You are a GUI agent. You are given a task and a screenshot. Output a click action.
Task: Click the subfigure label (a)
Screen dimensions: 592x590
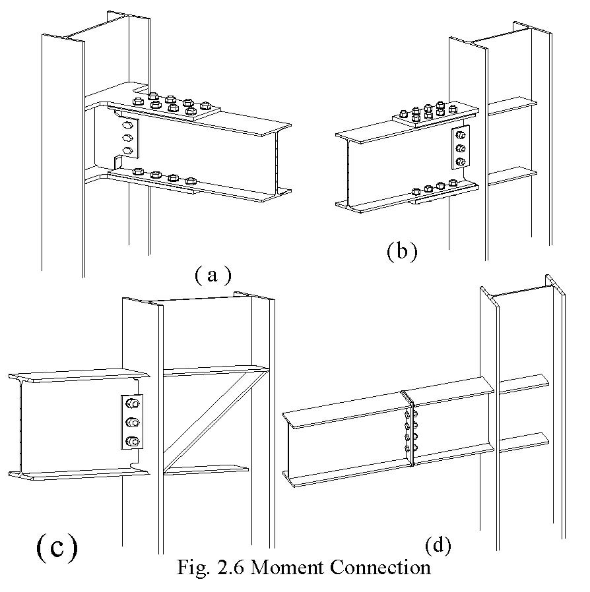[x=213, y=275]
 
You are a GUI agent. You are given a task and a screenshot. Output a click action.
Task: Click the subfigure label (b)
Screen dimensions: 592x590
[x=402, y=251]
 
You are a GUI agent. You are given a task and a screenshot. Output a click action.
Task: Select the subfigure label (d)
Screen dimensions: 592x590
[x=438, y=545]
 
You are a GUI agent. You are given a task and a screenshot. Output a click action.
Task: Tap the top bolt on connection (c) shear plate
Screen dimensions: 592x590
[x=131, y=404]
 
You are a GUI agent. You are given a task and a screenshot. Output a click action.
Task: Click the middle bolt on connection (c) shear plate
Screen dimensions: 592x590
[x=131, y=423]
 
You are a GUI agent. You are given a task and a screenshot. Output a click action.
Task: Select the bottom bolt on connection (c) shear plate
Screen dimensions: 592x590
[x=131, y=441]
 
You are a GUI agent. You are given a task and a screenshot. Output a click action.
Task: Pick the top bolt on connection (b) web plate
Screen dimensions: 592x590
[x=460, y=136]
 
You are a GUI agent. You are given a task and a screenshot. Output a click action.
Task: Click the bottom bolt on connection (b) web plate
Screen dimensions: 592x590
[x=460, y=161]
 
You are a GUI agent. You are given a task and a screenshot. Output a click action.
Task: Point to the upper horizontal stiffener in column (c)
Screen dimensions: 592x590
[x=214, y=371]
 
